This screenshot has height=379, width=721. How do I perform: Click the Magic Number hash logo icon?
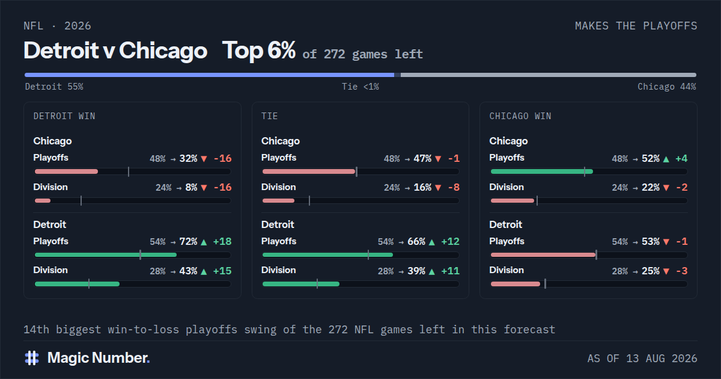(32, 358)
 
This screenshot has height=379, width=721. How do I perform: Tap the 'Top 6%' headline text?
(259, 51)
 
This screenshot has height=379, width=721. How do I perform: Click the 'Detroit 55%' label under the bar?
(54, 87)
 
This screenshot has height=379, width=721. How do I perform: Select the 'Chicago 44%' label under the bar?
(666, 87)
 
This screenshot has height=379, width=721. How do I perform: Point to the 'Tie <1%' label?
(360, 87)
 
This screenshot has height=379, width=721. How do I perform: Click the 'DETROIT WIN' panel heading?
(64, 116)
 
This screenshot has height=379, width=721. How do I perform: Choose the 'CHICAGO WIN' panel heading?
(520, 116)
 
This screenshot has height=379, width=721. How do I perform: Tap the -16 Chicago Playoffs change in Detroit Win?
(223, 159)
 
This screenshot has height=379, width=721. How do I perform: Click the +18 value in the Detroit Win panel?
(222, 242)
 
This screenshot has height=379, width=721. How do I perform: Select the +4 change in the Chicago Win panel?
(681, 159)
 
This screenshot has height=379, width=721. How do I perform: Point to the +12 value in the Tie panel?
(450, 242)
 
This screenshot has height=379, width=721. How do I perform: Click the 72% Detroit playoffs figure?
(188, 242)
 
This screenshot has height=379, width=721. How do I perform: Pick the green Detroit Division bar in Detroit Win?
(77, 284)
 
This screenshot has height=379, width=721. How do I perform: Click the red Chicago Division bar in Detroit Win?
(43, 201)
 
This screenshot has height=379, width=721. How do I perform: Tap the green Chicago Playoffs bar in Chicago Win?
(542, 171)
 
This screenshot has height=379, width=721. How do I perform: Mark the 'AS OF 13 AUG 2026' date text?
(642, 359)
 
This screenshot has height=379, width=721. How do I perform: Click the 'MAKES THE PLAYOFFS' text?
(636, 26)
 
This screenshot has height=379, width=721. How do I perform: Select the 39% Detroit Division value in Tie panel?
(416, 271)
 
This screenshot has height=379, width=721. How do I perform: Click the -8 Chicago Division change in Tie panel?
(454, 188)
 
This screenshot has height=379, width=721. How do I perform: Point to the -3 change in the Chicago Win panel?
(682, 271)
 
